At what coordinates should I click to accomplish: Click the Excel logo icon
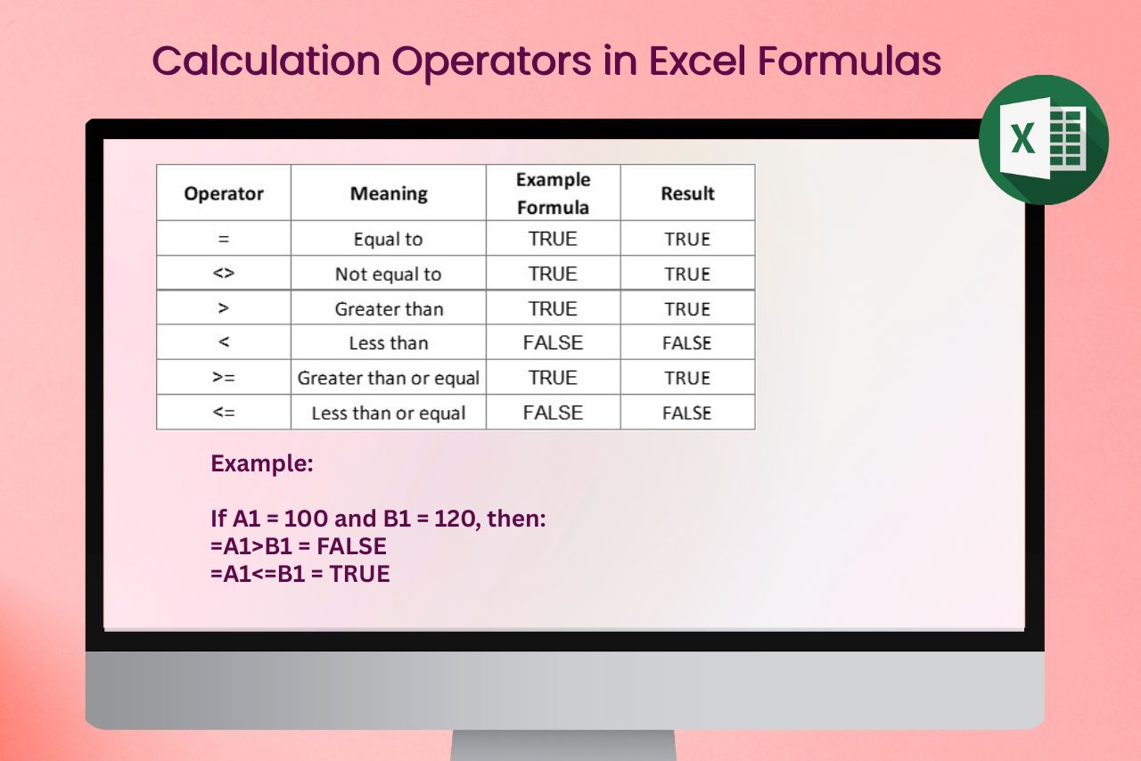pos(1044,140)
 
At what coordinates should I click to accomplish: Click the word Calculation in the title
pos(266,61)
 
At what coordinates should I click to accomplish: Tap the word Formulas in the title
pos(850,61)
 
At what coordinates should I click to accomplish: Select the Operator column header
pos(224,193)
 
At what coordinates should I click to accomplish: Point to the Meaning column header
pos(389,193)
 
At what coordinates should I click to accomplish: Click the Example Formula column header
pos(554,193)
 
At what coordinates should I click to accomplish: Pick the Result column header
pos(687,193)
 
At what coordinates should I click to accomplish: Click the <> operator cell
pos(224,273)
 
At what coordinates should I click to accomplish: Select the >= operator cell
pos(224,378)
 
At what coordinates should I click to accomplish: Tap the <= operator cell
pos(224,412)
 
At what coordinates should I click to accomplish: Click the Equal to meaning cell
pos(389,239)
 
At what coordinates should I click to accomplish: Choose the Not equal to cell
pos(388,274)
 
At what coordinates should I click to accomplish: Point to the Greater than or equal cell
pos(389,378)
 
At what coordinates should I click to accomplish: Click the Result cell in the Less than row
pos(687,343)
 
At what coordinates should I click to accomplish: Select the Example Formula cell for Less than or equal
pos(554,413)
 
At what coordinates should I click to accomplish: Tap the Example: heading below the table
pos(262,463)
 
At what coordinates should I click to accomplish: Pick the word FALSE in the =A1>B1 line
pos(351,546)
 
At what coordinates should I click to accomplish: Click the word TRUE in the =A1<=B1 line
pos(359,574)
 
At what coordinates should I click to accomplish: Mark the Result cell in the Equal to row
pos(687,239)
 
